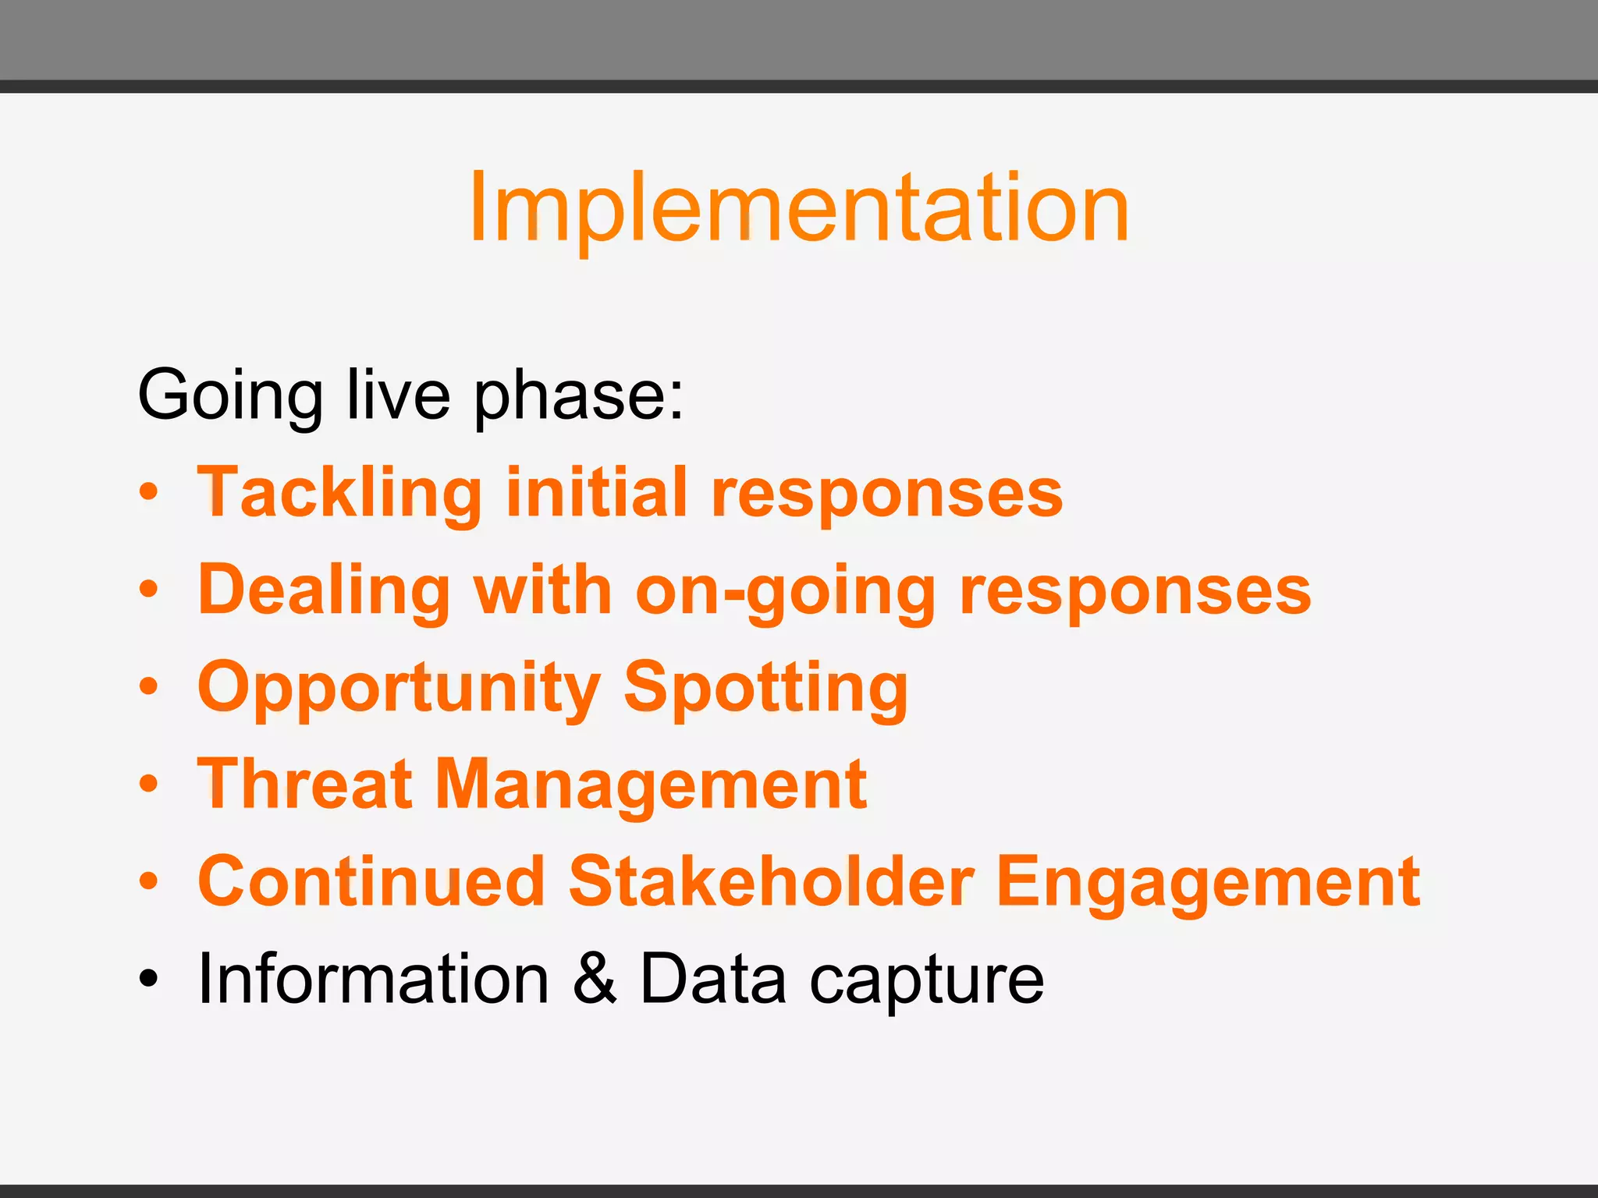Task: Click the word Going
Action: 230,396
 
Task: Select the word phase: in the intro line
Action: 578,396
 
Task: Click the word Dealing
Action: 324,590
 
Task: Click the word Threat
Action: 305,784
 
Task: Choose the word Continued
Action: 371,881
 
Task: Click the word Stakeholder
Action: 772,881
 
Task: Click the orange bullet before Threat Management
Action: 148,784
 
